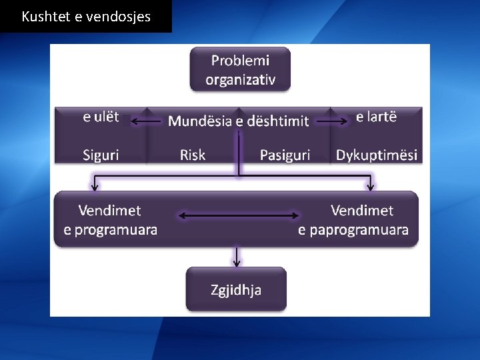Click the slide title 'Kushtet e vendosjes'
click(86, 17)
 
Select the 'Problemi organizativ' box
click(240, 69)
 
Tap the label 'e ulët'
click(101, 117)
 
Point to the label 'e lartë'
click(376, 117)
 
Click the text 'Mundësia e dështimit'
click(239, 121)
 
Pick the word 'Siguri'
click(101, 155)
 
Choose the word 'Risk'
click(193, 155)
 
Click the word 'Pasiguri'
click(285, 155)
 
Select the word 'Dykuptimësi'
click(377, 155)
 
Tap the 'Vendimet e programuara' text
click(110, 220)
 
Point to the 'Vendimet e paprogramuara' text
click(353, 220)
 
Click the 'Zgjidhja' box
click(236, 289)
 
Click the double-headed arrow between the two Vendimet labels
click(237, 216)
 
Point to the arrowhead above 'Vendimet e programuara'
click(95, 187)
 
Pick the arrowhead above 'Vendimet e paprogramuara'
click(371, 187)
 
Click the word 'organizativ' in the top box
click(240, 80)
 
